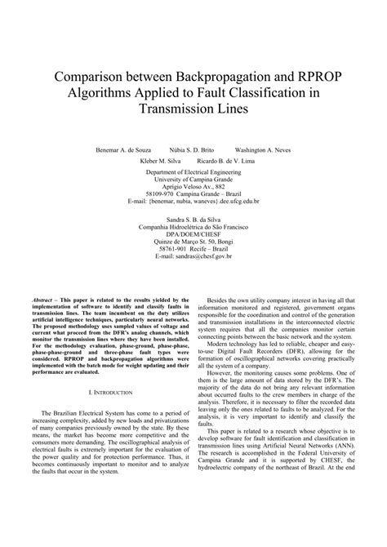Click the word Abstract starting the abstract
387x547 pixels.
41,300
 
